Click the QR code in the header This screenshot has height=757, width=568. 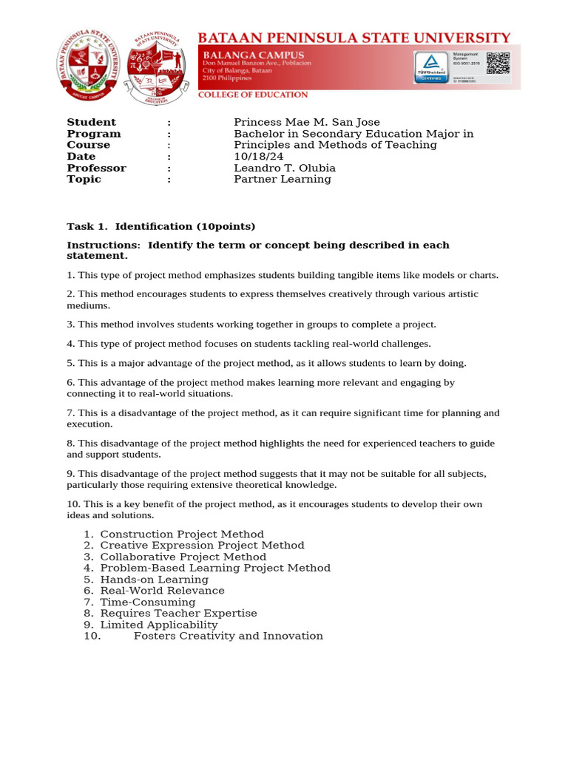point(498,64)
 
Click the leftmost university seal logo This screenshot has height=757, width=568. point(87,67)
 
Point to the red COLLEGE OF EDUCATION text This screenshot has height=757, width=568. point(252,95)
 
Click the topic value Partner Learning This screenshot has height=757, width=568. point(283,179)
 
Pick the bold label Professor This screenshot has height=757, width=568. point(96,168)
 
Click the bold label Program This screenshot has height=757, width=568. point(94,134)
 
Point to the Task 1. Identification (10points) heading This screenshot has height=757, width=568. point(161,226)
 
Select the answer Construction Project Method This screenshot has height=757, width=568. point(182,534)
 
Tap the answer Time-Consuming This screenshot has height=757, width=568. point(148,602)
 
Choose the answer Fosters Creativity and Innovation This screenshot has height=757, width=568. point(228,636)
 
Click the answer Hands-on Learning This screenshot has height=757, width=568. point(155,580)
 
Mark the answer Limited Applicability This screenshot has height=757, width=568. point(159,625)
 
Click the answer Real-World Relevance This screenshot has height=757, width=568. point(162,591)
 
